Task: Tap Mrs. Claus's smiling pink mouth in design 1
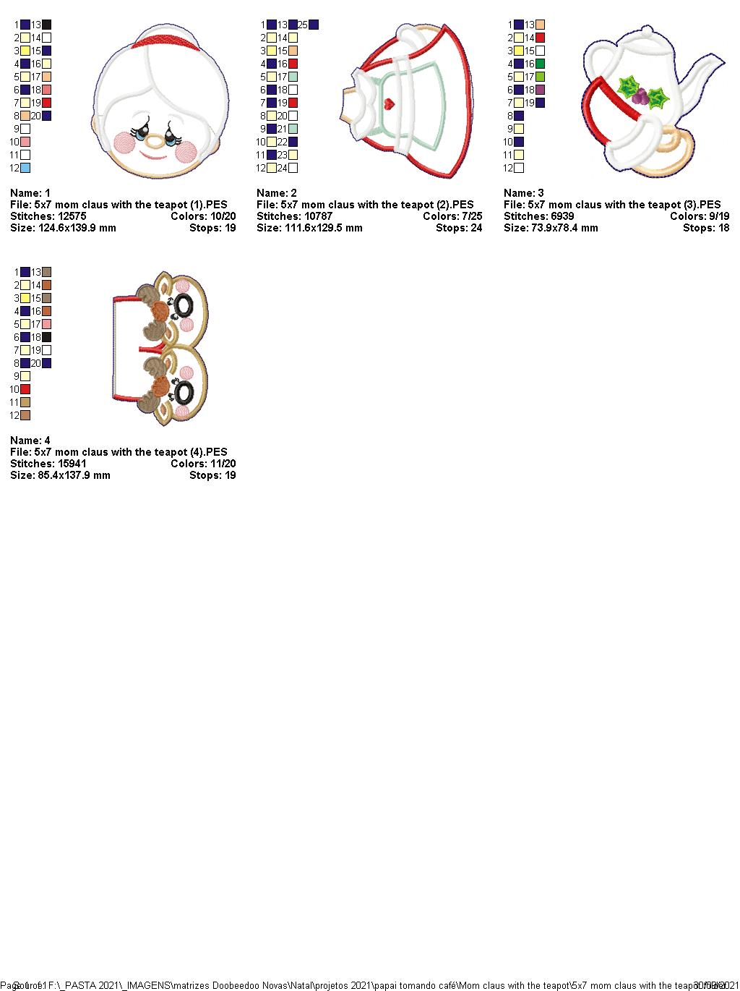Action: click(x=152, y=155)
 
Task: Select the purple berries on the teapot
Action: click(x=639, y=95)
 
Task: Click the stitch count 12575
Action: click(x=71, y=216)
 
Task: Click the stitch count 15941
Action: click(x=71, y=464)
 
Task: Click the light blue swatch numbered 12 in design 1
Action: click(x=25, y=168)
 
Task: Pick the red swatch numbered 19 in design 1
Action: click(x=47, y=103)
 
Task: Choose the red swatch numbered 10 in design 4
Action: click(x=25, y=389)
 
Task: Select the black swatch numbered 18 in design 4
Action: click(x=47, y=337)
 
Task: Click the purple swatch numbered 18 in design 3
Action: click(x=541, y=90)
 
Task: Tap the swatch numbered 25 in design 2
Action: click(x=314, y=25)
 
